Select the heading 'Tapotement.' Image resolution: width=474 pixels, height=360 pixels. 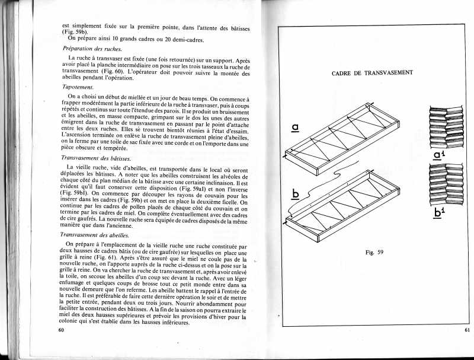click(x=79, y=87)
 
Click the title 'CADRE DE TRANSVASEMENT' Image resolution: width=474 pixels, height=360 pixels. click(x=371, y=73)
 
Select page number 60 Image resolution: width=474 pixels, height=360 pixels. click(x=60, y=329)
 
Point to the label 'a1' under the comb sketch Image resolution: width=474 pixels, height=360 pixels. click(x=439, y=156)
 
